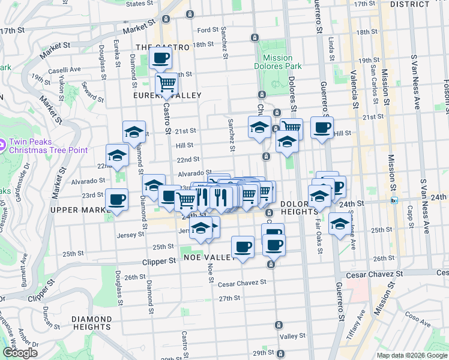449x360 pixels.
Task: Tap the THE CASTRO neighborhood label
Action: pyautogui.click(x=163, y=46)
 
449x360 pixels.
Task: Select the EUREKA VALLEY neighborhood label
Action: pyautogui.click(x=168, y=95)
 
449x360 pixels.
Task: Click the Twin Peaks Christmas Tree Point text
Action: pyautogui.click(x=48, y=146)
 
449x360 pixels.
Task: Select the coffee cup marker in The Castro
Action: pyautogui.click(x=160, y=58)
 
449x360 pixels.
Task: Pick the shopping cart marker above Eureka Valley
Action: pyautogui.click(x=166, y=83)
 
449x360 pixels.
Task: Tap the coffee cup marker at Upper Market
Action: pyautogui.click(x=116, y=199)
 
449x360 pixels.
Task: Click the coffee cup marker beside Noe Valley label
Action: pyautogui.click(x=243, y=246)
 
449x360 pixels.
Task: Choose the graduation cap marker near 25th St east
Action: pyautogui.click(x=340, y=224)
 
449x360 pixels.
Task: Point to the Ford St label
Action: pyautogui.click(x=207, y=30)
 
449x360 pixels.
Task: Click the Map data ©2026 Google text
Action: pyautogui.click(x=411, y=355)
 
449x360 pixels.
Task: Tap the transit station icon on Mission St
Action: pyautogui.click(x=394, y=200)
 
